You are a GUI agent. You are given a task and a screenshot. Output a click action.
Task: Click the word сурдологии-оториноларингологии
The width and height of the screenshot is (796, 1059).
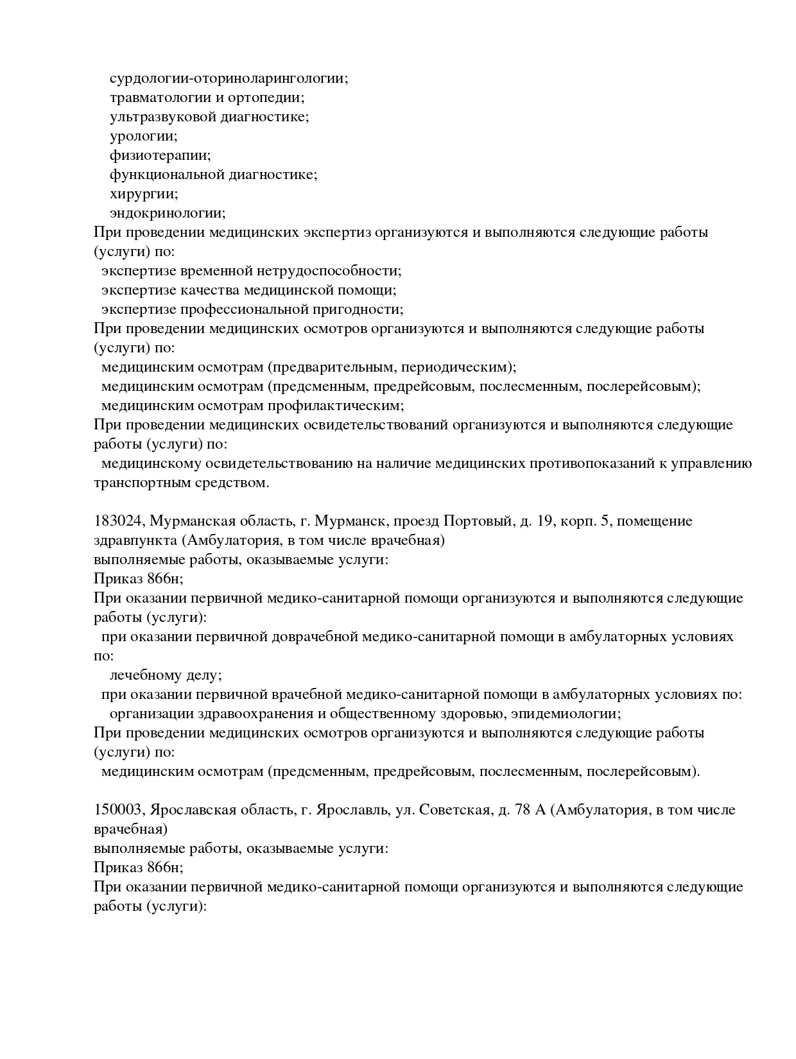pyautogui.click(x=229, y=78)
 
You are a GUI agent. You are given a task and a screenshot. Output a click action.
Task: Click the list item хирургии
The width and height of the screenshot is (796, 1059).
pyautogui.click(x=144, y=194)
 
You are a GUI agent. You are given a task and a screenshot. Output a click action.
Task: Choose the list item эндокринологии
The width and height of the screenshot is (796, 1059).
pyautogui.click(x=168, y=213)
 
